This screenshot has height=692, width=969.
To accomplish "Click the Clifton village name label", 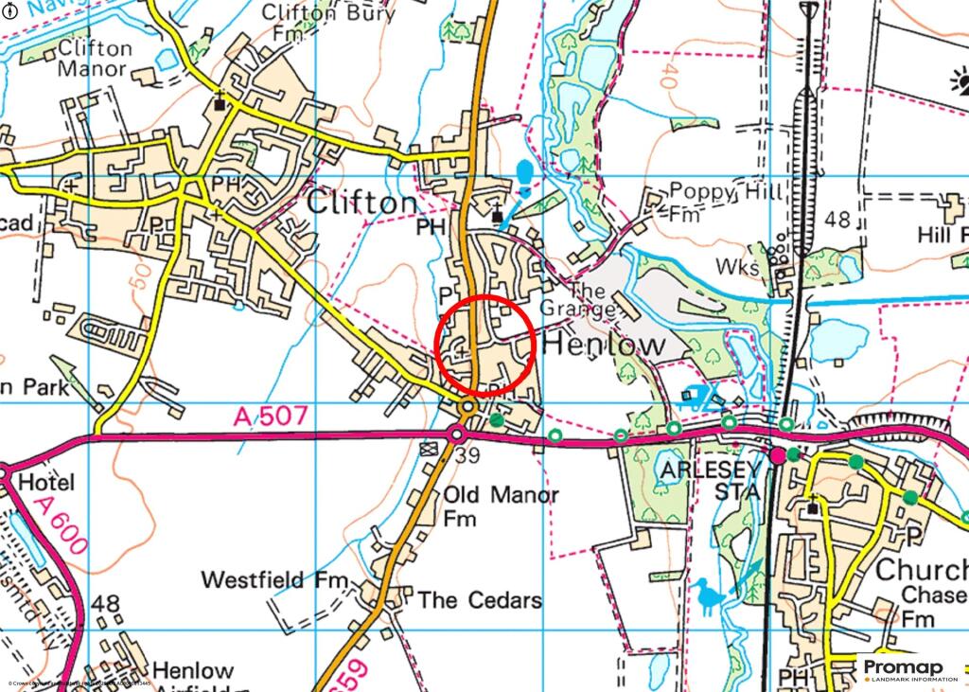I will [361, 204].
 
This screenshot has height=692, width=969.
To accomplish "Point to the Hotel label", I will [46, 483].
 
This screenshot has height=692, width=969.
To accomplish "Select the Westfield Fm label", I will [275, 579].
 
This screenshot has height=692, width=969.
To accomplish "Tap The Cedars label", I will [480, 600].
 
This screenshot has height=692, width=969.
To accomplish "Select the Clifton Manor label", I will [94, 58].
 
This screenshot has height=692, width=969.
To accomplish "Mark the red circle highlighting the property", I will [486, 345].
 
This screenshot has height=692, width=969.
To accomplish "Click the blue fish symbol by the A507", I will [696, 397].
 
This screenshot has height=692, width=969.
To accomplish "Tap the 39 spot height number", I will [468, 457].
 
